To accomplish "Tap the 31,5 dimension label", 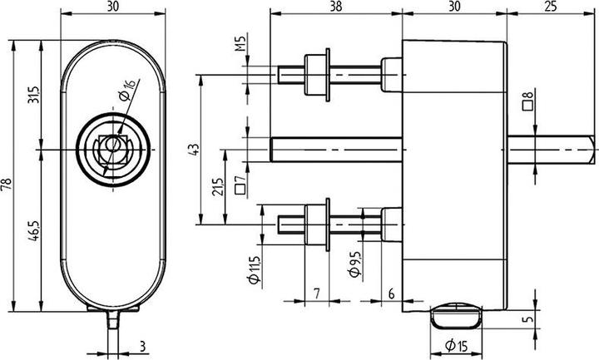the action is click(x=34, y=95).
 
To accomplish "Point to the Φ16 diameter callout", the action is click(x=126, y=90).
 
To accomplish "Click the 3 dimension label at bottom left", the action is click(x=142, y=347).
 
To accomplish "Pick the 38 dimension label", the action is click(x=335, y=6).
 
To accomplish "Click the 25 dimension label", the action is click(x=551, y=6).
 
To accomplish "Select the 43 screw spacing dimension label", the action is click(x=194, y=149).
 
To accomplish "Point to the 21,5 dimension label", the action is click(x=217, y=187).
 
